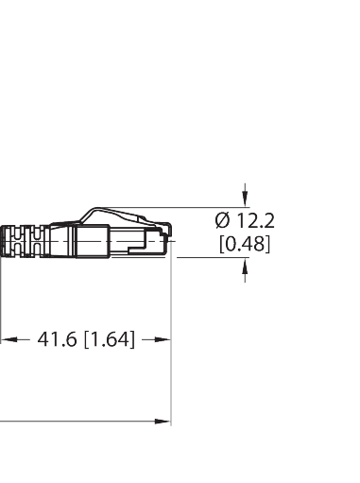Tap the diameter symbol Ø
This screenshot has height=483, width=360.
coord(222,220)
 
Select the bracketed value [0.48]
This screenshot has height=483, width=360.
coord(244,244)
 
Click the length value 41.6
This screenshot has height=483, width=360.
coord(59,338)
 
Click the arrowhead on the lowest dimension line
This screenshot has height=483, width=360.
coord(163,422)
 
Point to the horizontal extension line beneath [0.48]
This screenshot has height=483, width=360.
coord(208,257)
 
